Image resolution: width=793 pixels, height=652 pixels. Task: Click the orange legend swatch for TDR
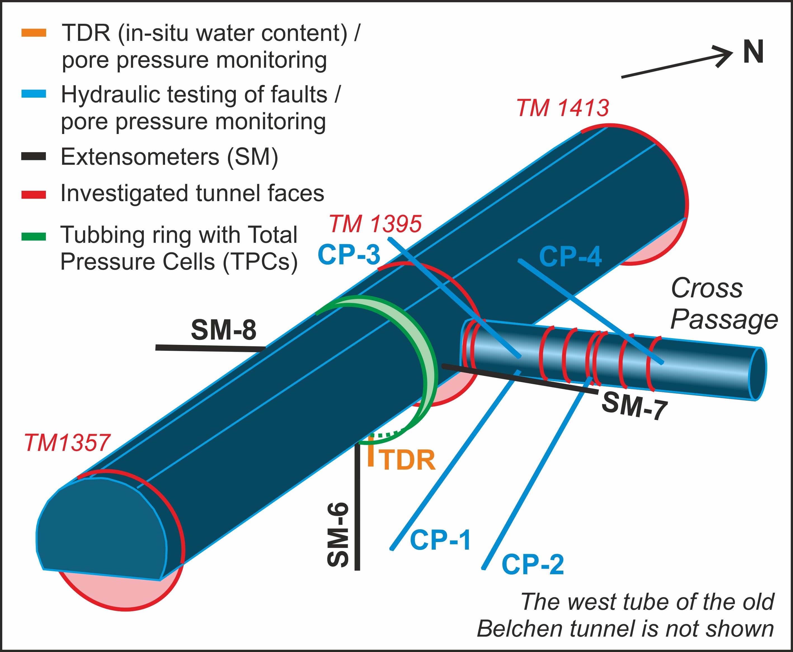point(34,33)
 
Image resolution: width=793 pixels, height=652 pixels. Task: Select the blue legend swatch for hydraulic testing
point(34,94)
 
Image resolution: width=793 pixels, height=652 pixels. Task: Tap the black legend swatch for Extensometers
point(34,156)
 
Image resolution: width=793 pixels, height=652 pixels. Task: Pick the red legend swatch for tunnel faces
point(34,195)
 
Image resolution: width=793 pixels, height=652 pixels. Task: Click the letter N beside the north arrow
point(753,52)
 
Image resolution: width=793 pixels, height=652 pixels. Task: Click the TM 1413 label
point(563,108)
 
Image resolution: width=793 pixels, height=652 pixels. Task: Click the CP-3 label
point(349,254)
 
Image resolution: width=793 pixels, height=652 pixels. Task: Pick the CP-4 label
point(570,256)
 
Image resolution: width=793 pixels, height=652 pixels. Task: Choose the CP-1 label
point(440,540)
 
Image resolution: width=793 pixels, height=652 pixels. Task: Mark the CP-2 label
point(533,564)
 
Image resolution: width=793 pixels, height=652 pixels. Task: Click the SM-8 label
point(223,330)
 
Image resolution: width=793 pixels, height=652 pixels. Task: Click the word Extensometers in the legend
point(140,157)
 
